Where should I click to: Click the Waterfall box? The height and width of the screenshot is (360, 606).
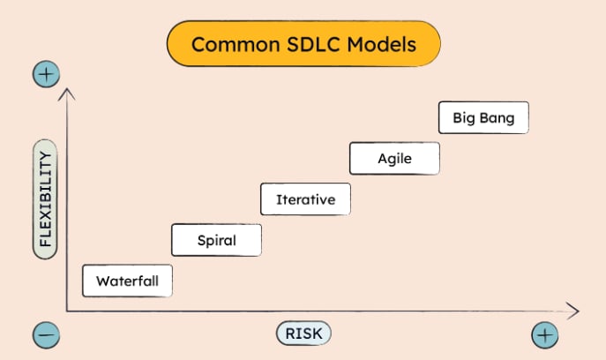(x=127, y=281)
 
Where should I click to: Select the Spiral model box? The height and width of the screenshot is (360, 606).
(x=216, y=240)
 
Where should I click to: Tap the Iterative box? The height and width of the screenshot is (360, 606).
(x=305, y=199)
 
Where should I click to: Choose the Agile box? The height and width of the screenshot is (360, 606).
(x=394, y=159)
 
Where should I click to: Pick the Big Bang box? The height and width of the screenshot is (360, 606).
(x=483, y=117)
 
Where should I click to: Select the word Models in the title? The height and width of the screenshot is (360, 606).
(x=384, y=44)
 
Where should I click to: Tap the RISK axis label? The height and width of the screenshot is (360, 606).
(x=304, y=334)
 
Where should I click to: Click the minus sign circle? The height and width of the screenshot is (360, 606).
(x=46, y=334)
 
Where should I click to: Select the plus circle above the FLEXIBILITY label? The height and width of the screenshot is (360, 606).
(x=46, y=74)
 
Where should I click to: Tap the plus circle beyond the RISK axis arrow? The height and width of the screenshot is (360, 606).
(x=545, y=334)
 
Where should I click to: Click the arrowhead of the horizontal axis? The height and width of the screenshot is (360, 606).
(x=575, y=311)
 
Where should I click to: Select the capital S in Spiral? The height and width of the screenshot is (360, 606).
(x=202, y=240)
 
